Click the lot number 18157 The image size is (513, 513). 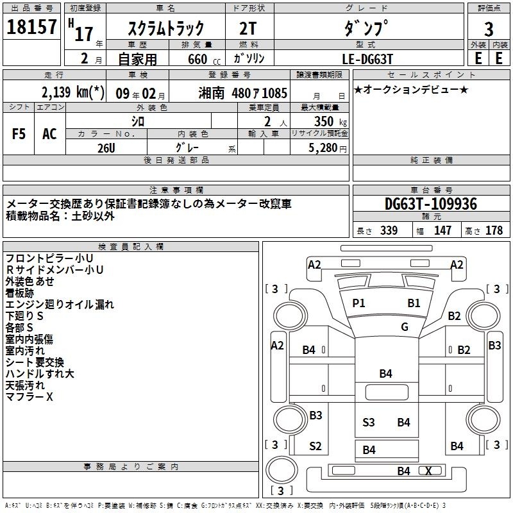pyautogui.click(x=31, y=27)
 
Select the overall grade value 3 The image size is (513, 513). pyautogui.click(x=489, y=29)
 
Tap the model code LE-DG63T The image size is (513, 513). pyautogui.click(x=367, y=59)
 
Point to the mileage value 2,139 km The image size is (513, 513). pyautogui.click(x=72, y=92)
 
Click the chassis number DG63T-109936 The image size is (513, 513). pyautogui.click(x=431, y=204)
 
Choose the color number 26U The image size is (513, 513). pyautogui.click(x=106, y=148)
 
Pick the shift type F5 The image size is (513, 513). pyautogui.click(x=19, y=134)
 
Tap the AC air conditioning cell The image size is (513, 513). pyautogui.click(x=50, y=134)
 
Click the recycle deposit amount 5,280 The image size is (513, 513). pyautogui.click(x=323, y=148)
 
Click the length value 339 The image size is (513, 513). pyautogui.click(x=389, y=230)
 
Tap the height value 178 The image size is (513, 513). pyautogui.click(x=494, y=230)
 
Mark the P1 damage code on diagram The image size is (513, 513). pyautogui.click(x=358, y=303)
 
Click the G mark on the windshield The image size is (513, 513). pyautogui.click(x=405, y=326)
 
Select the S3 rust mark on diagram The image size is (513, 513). pyautogui.click(x=368, y=423)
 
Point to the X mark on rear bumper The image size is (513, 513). pyautogui.click(x=428, y=471)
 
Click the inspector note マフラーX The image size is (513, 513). pyautogui.click(x=29, y=397)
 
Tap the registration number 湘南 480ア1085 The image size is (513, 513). pyautogui.click(x=243, y=93)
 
